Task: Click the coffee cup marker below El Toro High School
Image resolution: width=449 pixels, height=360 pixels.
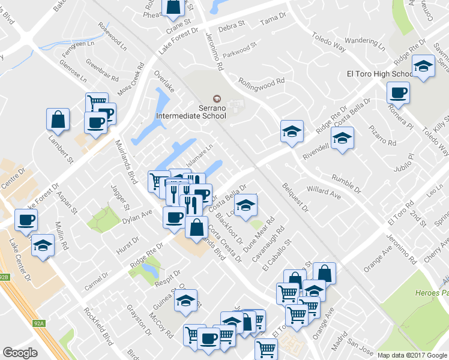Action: (x=398, y=93)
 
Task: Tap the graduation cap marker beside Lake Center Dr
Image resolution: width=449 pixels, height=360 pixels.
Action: (x=43, y=245)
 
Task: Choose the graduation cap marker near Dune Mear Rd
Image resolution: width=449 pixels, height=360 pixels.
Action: (x=245, y=205)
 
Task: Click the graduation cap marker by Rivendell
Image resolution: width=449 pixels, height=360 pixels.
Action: (x=342, y=137)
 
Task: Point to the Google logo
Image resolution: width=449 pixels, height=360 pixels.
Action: (x=20, y=353)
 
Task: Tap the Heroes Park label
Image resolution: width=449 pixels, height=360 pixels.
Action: (x=431, y=293)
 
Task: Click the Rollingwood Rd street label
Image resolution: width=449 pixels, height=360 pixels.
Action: (x=261, y=81)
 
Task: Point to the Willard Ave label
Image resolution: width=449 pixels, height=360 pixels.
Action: (x=324, y=192)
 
